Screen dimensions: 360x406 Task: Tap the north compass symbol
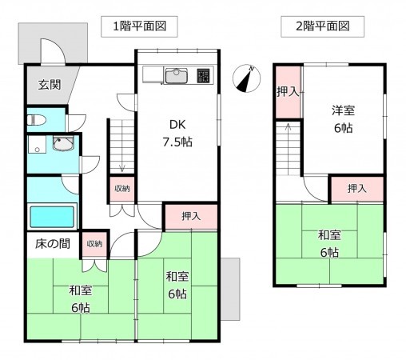(x=246, y=80)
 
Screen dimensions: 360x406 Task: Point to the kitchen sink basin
(x=176, y=77)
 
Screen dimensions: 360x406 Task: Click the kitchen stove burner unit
(x=203, y=76)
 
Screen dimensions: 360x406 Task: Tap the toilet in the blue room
(x=37, y=121)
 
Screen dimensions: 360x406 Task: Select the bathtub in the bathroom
(x=52, y=216)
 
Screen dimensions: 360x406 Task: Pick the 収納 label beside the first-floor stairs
(x=121, y=189)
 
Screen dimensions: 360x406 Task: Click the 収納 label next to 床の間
(x=94, y=244)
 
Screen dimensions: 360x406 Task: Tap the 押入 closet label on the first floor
(x=190, y=216)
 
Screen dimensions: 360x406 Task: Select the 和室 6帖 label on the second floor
(x=328, y=243)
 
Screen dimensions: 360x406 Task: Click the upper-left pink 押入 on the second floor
(x=288, y=92)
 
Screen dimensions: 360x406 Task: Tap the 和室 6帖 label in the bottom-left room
(x=79, y=299)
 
